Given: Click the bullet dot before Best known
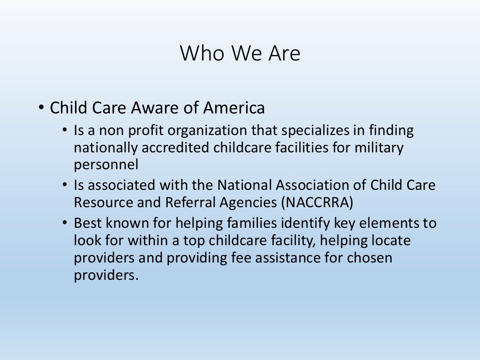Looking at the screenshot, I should (65, 224).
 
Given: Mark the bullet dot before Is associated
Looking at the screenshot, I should (65, 185).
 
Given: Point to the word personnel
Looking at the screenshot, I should (106, 165).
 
